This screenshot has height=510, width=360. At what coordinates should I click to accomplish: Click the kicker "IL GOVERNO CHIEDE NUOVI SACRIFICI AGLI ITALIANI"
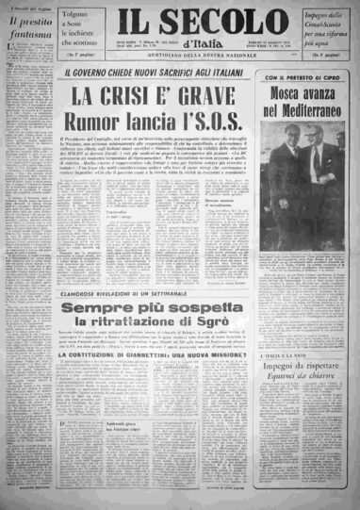(x=157, y=74)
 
